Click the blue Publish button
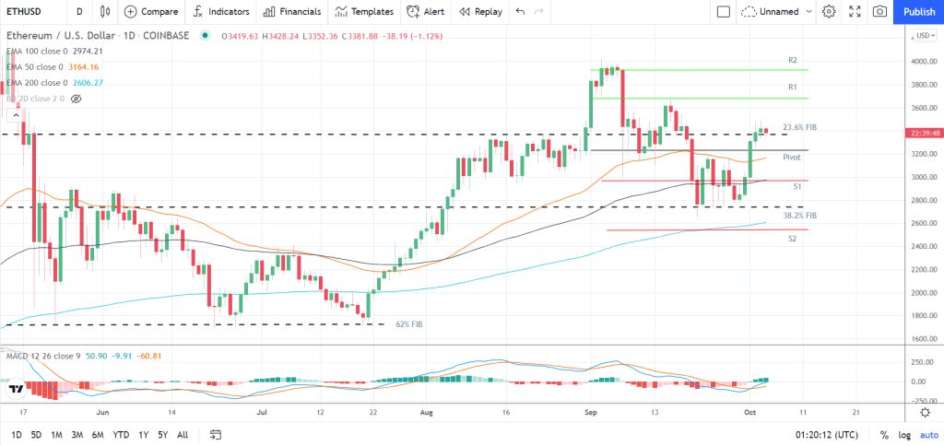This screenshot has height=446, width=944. coord(918,11)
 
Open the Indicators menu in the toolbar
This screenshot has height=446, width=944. coord(222,11)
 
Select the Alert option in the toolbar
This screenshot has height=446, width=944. coord(426,11)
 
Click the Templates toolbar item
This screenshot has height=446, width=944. coord(363,11)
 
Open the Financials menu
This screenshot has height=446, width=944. coord(291,11)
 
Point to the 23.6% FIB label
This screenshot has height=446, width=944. coord(799,127)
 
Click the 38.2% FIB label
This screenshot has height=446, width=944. coord(799,215)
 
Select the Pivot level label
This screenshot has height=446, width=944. coord(791,158)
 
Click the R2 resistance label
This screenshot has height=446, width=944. coord(792,60)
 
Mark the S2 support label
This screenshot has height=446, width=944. coord(792,239)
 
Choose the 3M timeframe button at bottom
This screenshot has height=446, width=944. coord(77,434)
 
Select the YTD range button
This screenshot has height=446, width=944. coord(121,434)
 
